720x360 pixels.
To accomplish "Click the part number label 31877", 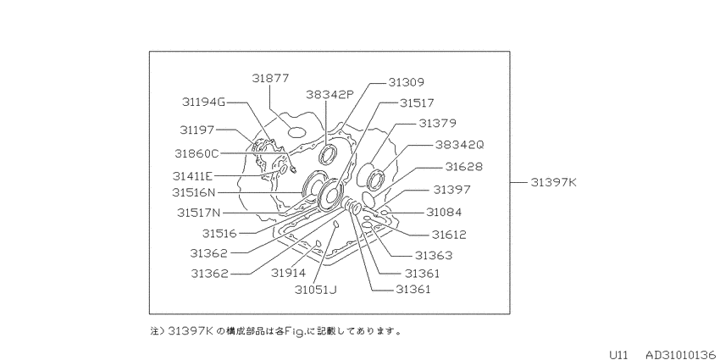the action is (271, 79).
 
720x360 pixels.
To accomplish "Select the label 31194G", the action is (204, 102).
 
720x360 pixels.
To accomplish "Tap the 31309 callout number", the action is (407, 82).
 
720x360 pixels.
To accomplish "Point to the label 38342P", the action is (330, 95).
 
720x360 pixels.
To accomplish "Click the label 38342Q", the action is (460, 145).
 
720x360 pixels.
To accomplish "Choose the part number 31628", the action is (464, 167).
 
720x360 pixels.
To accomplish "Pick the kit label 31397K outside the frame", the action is (553, 182).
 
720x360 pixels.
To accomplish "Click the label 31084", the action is (444, 212).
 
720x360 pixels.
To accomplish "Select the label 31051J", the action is (316, 291).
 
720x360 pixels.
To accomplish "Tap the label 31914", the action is (288, 274).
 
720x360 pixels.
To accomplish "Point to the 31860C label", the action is (197, 153).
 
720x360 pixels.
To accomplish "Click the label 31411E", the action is (193, 176).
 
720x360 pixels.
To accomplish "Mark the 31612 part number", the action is (449, 235).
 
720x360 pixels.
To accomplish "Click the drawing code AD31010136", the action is (680, 355).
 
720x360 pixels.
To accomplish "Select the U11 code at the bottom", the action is (618, 355).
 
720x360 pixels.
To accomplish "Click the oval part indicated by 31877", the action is (296, 132).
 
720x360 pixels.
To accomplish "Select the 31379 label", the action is (437, 123).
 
